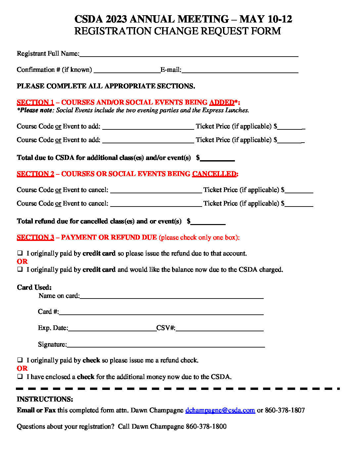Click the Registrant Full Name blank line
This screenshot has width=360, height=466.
tap(189, 55)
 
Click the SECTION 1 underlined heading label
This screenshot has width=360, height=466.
tap(35, 103)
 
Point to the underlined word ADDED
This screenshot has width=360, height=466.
tap(222, 103)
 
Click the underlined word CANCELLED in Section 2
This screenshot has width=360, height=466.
tap(214, 174)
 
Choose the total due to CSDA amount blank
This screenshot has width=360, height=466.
tap(217, 159)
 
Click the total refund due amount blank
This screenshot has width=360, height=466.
tap(208, 222)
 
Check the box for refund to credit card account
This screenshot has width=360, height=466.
tap(20, 253)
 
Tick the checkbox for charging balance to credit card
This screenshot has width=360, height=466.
tap(20, 269)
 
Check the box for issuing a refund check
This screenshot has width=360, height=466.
tap(20, 360)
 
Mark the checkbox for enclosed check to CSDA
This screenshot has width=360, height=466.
tap(20, 376)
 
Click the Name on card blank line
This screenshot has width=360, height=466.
tap(171, 297)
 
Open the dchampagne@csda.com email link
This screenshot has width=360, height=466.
tap(220, 410)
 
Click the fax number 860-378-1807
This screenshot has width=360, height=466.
tap(285, 410)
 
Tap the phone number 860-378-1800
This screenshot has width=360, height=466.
tap(206, 427)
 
